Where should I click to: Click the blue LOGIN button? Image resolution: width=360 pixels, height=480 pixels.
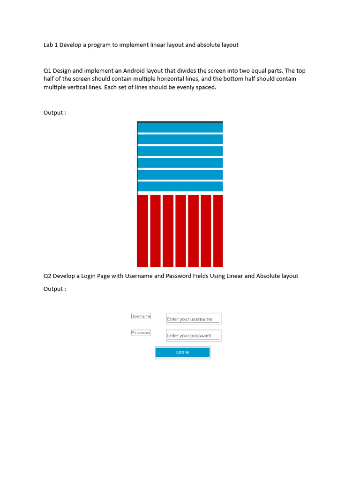coord(182,352)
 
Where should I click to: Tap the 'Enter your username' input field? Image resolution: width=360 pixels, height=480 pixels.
coord(193,319)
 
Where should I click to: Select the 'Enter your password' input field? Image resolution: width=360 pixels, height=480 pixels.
coord(193,336)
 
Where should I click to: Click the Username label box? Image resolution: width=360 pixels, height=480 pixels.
coord(141,316)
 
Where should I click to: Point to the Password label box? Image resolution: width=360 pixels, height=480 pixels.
coord(141,333)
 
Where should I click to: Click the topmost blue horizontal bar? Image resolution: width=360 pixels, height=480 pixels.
coord(180,127)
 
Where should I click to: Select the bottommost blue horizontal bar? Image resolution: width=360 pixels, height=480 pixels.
coord(180,187)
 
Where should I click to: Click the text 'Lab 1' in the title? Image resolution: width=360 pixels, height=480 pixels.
coord(51,45)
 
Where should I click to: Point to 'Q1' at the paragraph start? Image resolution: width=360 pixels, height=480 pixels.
coord(47,71)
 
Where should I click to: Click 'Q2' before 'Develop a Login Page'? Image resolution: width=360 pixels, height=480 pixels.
coord(47,276)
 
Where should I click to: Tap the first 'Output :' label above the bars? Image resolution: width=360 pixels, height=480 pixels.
coord(55,113)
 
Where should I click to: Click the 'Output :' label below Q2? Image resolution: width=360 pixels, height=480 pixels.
coord(55,289)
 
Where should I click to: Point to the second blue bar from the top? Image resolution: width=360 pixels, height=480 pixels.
coord(180,139)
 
